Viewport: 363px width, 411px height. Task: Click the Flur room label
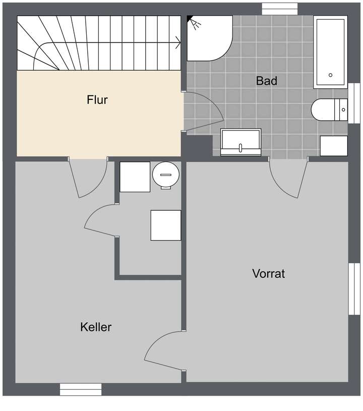click(x=97, y=100)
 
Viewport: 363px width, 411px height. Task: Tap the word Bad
click(x=266, y=81)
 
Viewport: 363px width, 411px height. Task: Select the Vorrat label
click(x=268, y=274)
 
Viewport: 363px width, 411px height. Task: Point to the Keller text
click(x=96, y=327)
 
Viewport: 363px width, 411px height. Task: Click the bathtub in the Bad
click(x=330, y=52)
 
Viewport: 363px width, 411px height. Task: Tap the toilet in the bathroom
click(x=329, y=109)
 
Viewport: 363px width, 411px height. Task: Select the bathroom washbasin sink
click(x=241, y=142)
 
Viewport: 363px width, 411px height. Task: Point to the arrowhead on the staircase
click(x=178, y=43)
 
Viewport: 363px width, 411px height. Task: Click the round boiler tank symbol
click(x=165, y=174)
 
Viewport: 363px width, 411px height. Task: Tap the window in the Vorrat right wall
click(x=355, y=289)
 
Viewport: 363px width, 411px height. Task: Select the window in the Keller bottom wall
click(x=81, y=389)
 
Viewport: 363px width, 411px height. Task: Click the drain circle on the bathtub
click(x=330, y=75)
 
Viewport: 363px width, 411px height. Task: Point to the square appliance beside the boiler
click(x=135, y=177)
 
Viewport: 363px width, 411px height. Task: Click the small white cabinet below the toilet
click(x=334, y=146)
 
